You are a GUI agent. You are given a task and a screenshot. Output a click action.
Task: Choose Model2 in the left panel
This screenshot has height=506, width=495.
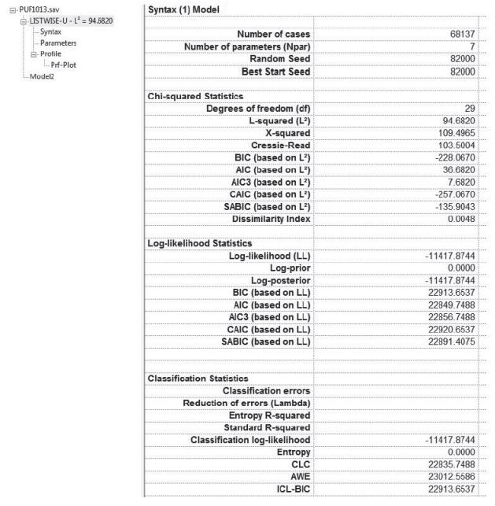coord(30,76)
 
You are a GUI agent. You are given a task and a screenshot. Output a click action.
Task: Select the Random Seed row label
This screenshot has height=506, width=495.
coord(279,59)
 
